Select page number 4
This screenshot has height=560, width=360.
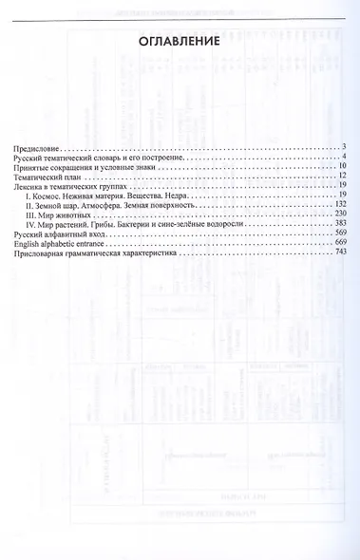[x=344, y=156]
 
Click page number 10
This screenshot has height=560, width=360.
[x=342, y=166]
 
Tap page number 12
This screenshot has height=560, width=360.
[x=342, y=177]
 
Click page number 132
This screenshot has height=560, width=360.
[x=340, y=208]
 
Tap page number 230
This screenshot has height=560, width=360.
[x=340, y=218]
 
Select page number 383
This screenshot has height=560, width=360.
[x=340, y=229]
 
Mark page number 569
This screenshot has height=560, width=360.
[x=340, y=239]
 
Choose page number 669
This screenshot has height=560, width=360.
[x=340, y=250]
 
